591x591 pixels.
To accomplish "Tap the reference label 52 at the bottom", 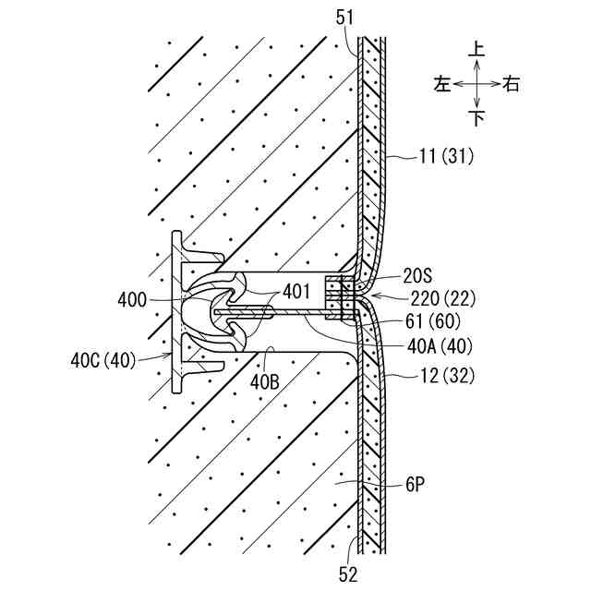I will [x=347, y=573].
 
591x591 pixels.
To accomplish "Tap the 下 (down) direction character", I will [x=476, y=118].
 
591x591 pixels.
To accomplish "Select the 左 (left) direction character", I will [x=441, y=84].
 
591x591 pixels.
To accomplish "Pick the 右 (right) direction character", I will [x=512, y=84].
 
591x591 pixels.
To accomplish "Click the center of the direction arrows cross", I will [x=476, y=84].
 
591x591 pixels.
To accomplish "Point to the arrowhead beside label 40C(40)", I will [x=167, y=354].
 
